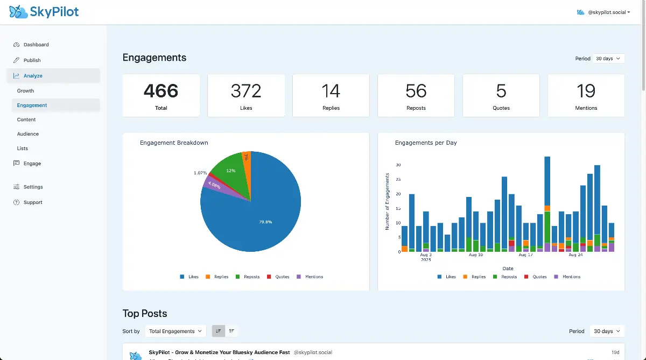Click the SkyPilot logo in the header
tap(44, 12)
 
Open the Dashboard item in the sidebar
tap(36, 45)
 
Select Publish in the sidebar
tap(32, 60)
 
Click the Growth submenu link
tap(25, 91)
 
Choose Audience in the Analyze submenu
tap(28, 134)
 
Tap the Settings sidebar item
tap(33, 187)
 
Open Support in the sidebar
tap(33, 202)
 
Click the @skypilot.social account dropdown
tap(603, 12)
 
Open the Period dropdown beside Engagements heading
tap(608, 58)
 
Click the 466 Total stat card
tap(161, 95)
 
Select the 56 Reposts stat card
tap(416, 95)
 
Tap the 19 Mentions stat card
tap(586, 95)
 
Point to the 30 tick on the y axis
tap(398, 165)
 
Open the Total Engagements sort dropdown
tap(175, 331)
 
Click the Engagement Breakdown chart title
tap(174, 143)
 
